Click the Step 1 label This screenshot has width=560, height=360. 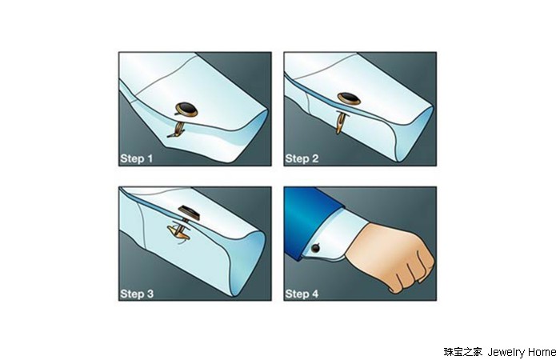137,158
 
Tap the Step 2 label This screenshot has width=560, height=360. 302,158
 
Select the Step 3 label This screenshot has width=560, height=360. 137,294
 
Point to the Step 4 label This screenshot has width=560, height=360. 302,294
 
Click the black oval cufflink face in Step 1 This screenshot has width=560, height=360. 186,108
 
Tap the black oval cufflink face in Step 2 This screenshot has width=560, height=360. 350,98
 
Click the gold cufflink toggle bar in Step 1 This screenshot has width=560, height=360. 177,130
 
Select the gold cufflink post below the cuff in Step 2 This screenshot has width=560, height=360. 339,122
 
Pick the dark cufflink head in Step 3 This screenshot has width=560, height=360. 190,213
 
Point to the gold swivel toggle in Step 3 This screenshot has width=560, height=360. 180,232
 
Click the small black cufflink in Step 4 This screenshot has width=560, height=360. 315,248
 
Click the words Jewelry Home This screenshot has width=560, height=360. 522,352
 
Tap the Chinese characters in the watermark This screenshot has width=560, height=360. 463,352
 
